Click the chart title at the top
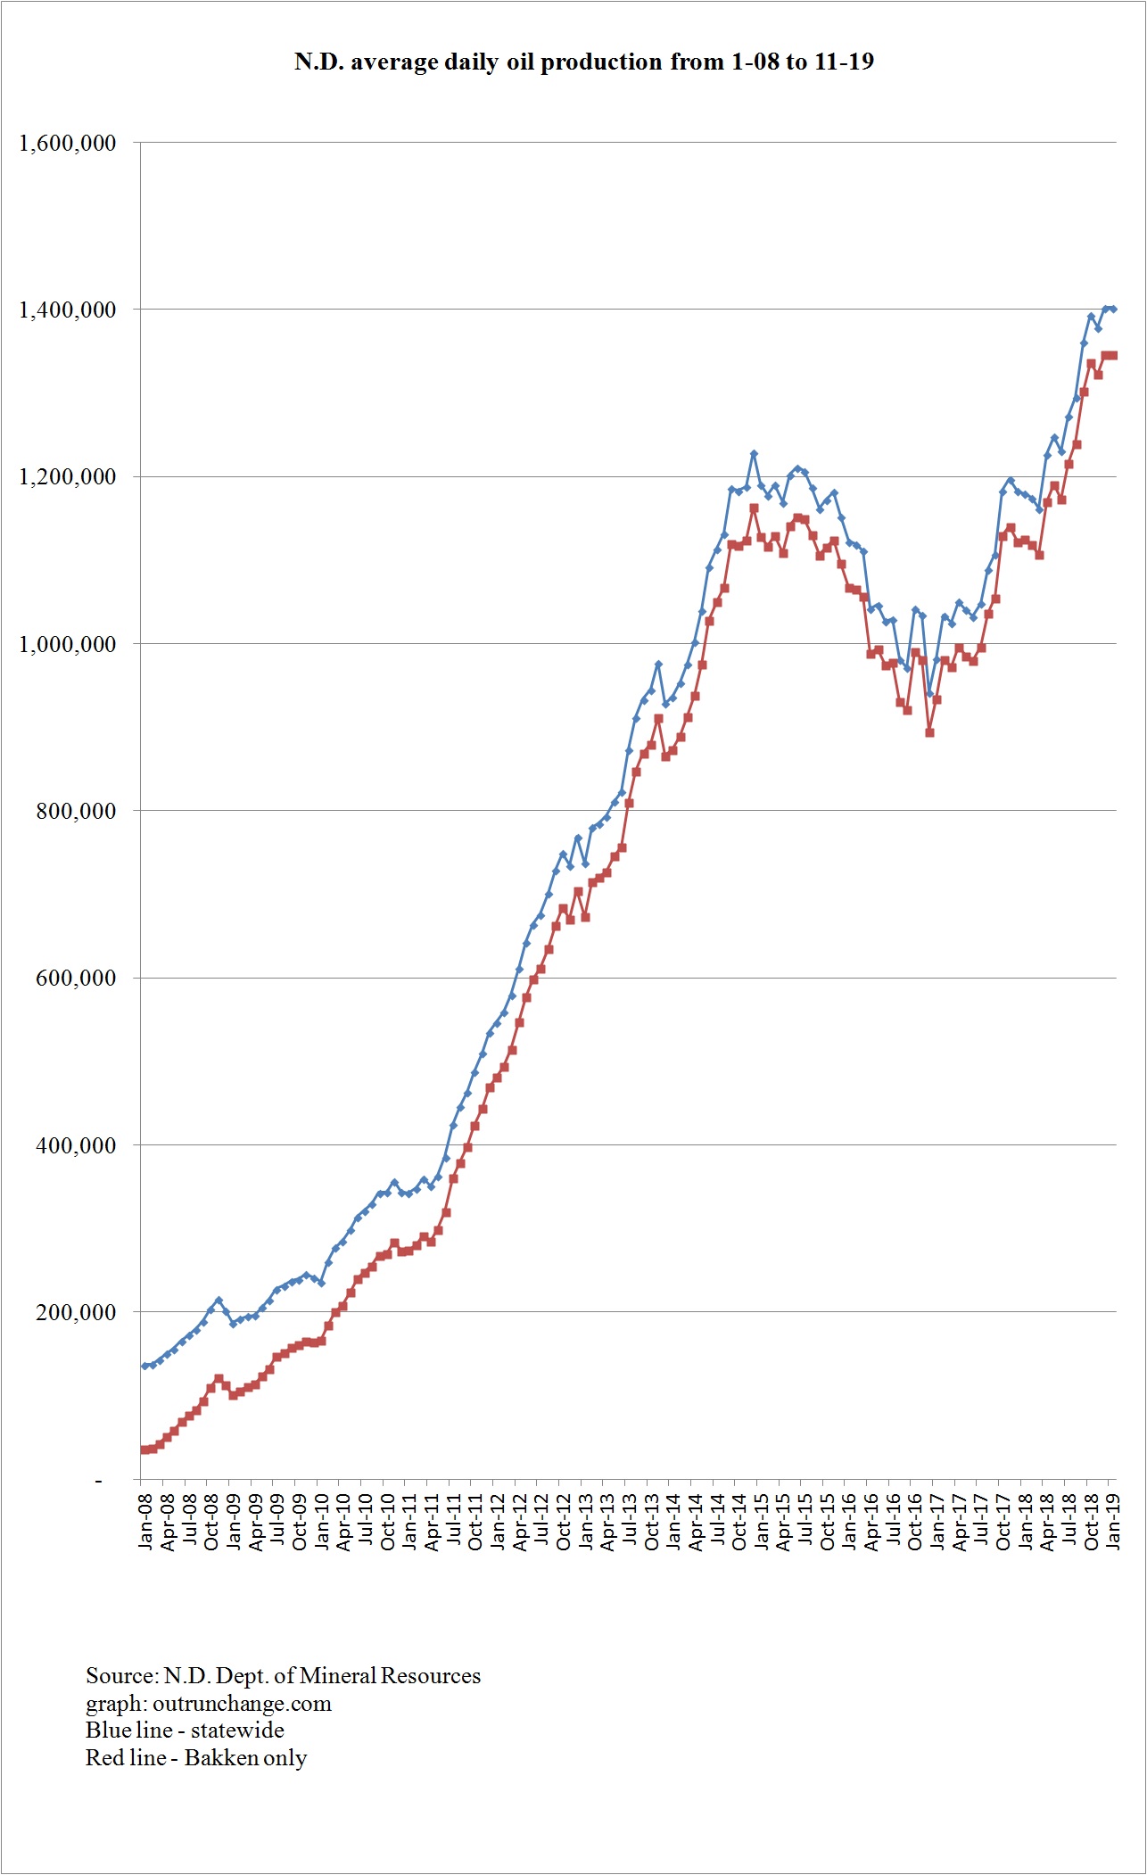pyautogui.click(x=583, y=62)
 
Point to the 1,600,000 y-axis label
pyautogui.click(x=68, y=143)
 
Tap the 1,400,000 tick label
pyautogui.click(x=68, y=310)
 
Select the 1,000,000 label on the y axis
pyautogui.click(x=68, y=644)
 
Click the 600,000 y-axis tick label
pyautogui.click(x=76, y=978)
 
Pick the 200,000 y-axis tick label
pyautogui.click(x=76, y=1312)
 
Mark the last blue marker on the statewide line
pyautogui.click(x=1114, y=310)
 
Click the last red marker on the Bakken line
pyautogui.click(x=1113, y=356)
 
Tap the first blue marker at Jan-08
pyautogui.click(x=144, y=1366)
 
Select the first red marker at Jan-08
pyautogui.click(x=144, y=1450)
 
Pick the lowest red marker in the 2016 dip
pyautogui.click(x=929, y=732)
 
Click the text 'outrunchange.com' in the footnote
pyautogui.click(x=242, y=1703)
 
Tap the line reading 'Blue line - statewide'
pyautogui.click(x=185, y=1730)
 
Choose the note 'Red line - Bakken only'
pyautogui.click(x=196, y=1757)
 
